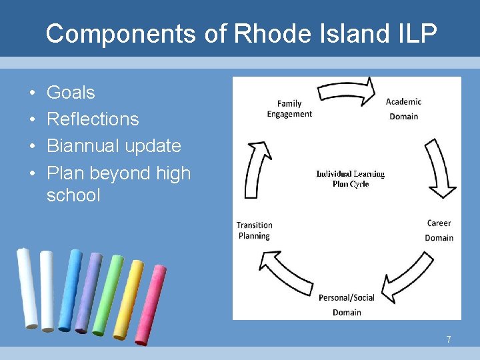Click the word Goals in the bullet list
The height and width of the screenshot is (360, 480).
[71, 93]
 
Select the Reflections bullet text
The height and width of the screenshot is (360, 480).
[93, 119]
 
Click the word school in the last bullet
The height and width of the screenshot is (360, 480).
[73, 195]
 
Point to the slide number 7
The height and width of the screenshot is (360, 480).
[449, 340]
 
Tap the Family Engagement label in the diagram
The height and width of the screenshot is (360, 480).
[289, 109]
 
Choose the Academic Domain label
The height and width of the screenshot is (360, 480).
[404, 109]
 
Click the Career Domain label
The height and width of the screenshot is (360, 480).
[439, 230]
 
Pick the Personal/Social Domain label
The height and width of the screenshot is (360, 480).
[347, 305]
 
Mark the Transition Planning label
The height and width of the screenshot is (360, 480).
[254, 230]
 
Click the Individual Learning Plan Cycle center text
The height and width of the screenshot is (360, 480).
[351, 179]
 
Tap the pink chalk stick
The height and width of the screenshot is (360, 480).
[149, 305]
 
